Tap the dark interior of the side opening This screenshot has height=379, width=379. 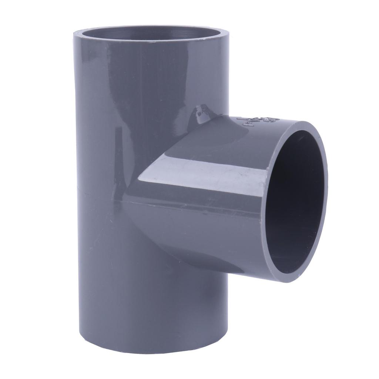click(296, 204)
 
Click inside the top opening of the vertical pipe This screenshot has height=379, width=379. click(148, 35)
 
